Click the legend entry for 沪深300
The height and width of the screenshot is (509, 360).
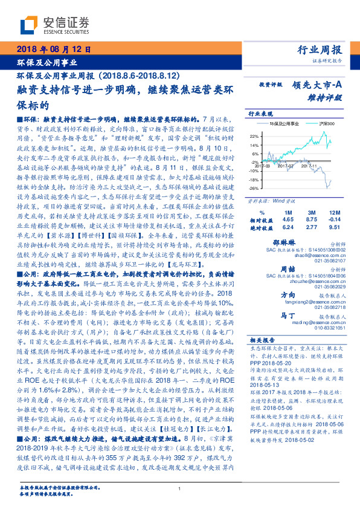(x=327, y=123)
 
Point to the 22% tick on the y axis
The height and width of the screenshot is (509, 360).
(x=254, y=136)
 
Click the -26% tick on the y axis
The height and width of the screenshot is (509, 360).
(x=254, y=188)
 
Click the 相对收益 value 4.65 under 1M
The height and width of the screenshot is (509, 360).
(x=288, y=220)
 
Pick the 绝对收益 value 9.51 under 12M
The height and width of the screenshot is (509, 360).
(x=336, y=228)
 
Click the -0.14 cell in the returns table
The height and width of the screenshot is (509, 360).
(x=336, y=220)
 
